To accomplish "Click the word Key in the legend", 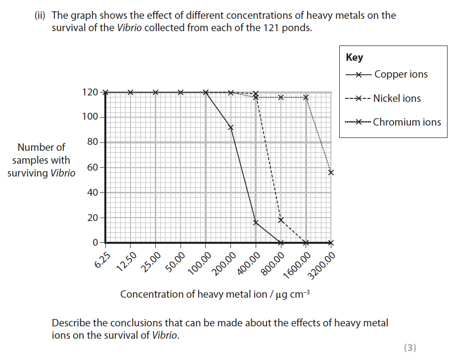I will [355, 57].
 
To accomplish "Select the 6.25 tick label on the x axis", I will [101, 259].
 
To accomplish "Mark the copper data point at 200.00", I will [231, 128].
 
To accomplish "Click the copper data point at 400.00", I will [256, 223].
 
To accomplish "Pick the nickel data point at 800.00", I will [281, 220].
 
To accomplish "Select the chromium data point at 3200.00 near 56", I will [331, 173].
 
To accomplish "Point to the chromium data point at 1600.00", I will [306, 97].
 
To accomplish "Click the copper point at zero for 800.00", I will [281, 243].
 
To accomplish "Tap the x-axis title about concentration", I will [215, 294].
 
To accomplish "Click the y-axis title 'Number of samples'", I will [42, 160].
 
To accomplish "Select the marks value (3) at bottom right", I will [410, 348].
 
